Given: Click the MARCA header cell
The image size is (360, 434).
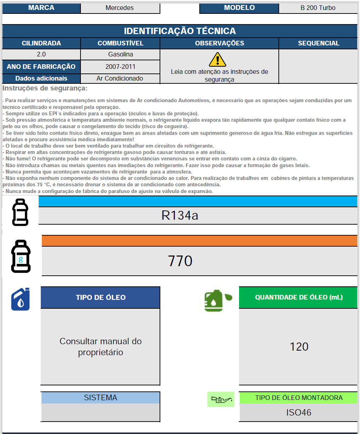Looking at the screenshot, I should [41, 8].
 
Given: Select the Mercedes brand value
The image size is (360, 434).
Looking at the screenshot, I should [120, 8].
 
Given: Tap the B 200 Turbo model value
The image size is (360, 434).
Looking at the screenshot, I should [318, 8].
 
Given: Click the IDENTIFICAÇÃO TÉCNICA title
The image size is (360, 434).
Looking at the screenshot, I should [180, 31].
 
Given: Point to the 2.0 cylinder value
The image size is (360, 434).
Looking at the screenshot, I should [41, 54].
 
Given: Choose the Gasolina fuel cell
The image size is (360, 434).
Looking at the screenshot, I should [121, 54].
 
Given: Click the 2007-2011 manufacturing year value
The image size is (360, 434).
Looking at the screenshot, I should [121, 66].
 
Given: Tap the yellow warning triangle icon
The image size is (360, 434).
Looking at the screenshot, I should [217, 60].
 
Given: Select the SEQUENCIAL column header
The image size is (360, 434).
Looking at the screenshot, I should [318, 43].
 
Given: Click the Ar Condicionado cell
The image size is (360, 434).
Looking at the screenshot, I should [120, 78].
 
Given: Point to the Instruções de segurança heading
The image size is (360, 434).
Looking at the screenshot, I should [45, 88].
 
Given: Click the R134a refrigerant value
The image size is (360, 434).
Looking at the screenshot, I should [180, 215].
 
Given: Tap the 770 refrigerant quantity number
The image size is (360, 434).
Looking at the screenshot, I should [180, 261].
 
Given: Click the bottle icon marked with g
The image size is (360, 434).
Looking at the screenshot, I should [21, 256].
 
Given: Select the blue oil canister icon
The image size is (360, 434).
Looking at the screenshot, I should [21, 299].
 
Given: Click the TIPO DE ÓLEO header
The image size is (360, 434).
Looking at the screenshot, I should [101, 297].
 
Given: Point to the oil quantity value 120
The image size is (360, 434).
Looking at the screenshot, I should [299, 347].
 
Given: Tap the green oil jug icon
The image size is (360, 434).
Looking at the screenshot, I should [217, 301].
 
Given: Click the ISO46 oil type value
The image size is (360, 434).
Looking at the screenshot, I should [299, 412].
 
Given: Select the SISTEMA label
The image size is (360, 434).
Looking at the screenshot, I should [100, 397].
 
